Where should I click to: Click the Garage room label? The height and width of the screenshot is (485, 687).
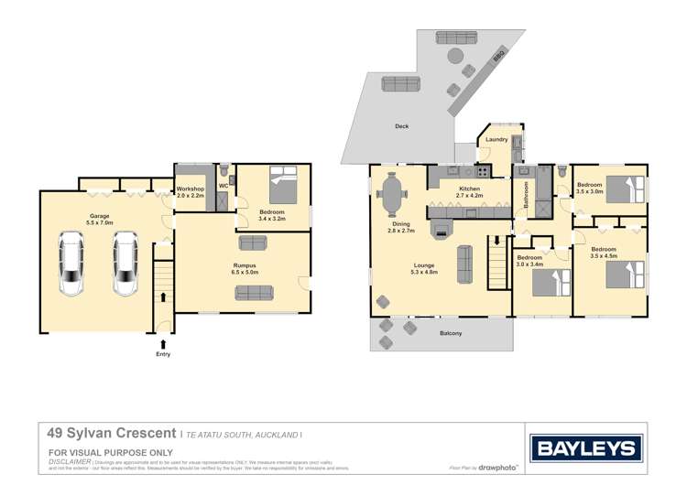click(99, 217)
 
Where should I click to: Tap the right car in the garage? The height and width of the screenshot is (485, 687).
click(124, 264)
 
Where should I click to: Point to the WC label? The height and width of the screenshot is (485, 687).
click(223, 187)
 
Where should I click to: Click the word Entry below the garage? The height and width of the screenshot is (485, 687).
click(163, 354)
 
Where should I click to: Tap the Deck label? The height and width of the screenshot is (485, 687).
click(401, 126)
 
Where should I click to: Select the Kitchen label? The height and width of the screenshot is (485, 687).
click(470, 189)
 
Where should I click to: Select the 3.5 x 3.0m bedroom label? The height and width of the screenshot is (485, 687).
click(589, 189)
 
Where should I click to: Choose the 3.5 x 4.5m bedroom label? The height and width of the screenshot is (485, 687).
click(603, 250)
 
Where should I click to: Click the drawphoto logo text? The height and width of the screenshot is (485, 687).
click(498, 468)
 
